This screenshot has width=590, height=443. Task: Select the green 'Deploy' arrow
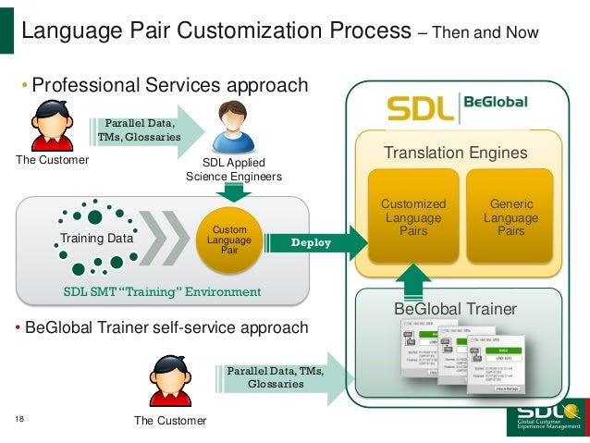click(x=311, y=243)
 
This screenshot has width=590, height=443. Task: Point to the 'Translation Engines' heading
click(x=456, y=153)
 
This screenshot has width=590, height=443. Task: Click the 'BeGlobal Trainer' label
click(x=455, y=309)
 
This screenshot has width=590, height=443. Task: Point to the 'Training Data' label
click(x=96, y=239)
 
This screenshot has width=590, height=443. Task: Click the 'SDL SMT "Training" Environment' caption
click(x=162, y=292)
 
